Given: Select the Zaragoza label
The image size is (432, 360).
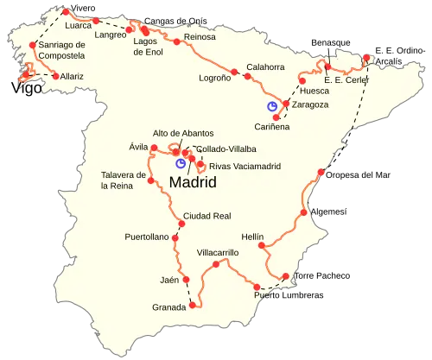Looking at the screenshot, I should point(309,104).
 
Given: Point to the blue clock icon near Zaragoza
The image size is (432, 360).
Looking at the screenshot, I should point(271,105).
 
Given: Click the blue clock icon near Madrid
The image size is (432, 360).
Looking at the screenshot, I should point(180,162).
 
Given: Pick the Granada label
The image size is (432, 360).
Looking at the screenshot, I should point(168,306).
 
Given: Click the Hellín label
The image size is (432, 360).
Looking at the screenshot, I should point(252,236).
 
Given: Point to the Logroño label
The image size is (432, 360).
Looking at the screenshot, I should point(215,77).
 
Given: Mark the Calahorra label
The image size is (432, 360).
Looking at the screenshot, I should point(264,66).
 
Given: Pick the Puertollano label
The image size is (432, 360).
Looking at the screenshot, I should point(146,236).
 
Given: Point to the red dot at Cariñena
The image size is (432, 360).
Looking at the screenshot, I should point(276,117).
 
